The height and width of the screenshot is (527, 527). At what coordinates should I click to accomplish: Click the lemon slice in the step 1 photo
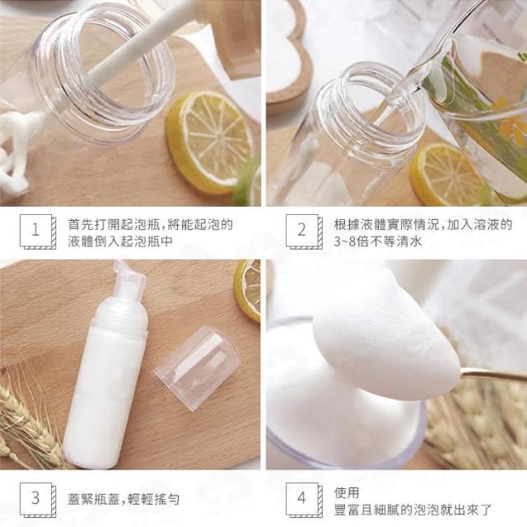(210, 142)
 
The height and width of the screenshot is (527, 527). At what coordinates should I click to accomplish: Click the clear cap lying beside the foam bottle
(198, 368)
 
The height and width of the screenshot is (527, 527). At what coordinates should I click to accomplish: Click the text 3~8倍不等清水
(377, 241)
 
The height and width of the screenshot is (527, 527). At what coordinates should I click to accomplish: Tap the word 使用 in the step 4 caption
(347, 492)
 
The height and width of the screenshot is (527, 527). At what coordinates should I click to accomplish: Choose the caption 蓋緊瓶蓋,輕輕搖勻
(124, 500)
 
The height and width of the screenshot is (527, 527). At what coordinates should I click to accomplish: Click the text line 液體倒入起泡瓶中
(120, 241)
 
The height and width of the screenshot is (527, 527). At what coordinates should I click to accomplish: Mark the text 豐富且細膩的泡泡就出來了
(413, 510)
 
